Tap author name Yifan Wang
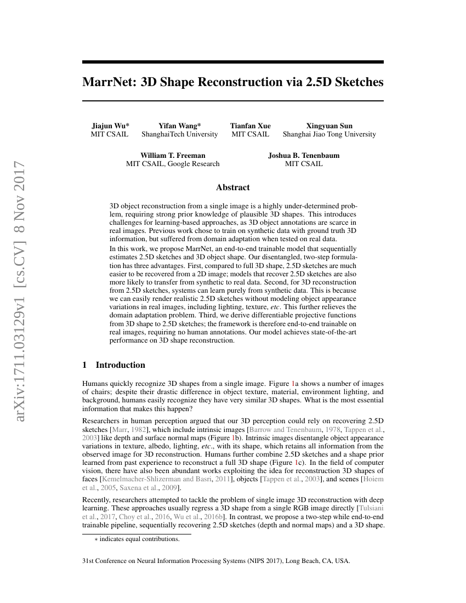tap(179, 126)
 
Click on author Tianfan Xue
tap(250, 126)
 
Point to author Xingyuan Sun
tap(329, 126)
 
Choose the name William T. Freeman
tap(173, 155)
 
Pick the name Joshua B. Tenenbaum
tap(304, 155)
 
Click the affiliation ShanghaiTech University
tap(179, 134)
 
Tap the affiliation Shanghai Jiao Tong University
tap(329, 134)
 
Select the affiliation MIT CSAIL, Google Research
tap(173, 163)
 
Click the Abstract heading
tap(232, 187)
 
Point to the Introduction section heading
tap(120, 365)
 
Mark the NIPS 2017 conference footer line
tap(215, 561)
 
